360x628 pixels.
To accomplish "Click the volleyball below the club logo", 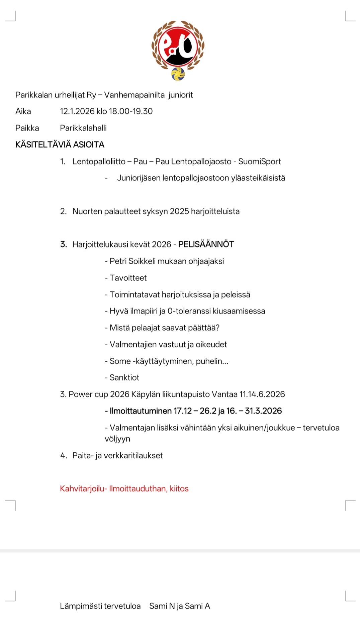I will tap(178, 74).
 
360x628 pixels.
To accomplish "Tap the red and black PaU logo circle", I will tap(178, 47).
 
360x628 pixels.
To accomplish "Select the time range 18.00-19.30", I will tap(131, 111).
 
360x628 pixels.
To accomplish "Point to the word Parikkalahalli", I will tap(83, 128).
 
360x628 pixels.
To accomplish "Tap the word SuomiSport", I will tap(260, 162).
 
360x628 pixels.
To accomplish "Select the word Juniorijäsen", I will tap(139, 178).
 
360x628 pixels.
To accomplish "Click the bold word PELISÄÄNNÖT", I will tap(206, 245).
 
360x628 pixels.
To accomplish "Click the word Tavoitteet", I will tap(128, 278).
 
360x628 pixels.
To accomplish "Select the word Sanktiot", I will tap(124, 378).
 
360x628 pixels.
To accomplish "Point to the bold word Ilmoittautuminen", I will tap(141, 411).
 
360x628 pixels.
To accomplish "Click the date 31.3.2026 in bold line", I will tap(263, 411).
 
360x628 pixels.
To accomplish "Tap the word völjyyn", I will tap(117, 439).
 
